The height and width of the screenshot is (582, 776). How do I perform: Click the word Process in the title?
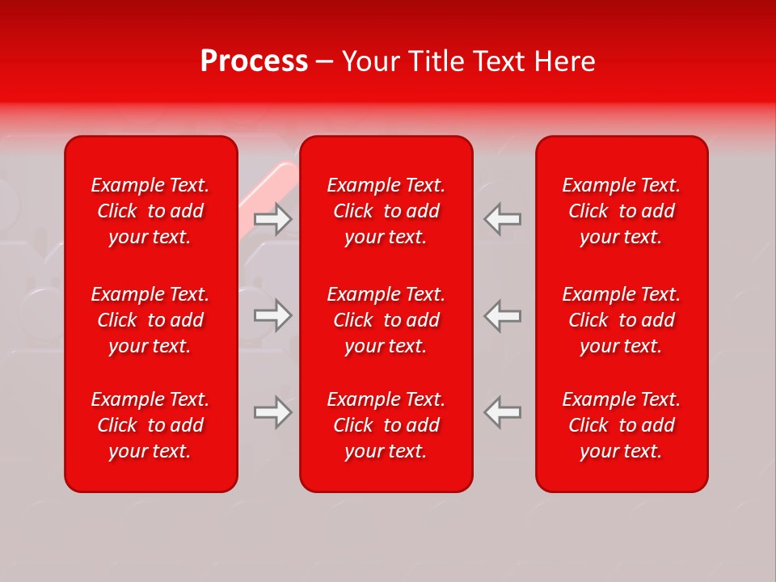[254, 61]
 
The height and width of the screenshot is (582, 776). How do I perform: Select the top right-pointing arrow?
[273, 219]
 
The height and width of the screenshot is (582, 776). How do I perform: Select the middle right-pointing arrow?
[273, 315]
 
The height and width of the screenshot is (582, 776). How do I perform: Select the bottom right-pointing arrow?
[273, 412]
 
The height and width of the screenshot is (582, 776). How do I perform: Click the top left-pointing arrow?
[502, 219]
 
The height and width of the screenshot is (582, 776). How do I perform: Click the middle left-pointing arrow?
[502, 315]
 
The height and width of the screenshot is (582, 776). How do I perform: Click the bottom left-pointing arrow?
[502, 412]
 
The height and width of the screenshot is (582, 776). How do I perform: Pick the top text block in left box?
[150, 211]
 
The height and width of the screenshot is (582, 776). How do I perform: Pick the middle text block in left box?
[150, 320]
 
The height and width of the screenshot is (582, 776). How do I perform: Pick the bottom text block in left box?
[150, 425]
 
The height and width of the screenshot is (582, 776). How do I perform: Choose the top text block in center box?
[386, 211]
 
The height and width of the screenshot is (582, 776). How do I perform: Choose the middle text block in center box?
[386, 320]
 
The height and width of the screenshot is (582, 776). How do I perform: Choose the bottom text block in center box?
[386, 425]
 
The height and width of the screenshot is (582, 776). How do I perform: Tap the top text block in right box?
[621, 211]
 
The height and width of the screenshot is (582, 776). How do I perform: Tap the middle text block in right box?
[621, 320]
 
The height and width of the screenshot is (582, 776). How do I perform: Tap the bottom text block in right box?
[621, 425]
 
